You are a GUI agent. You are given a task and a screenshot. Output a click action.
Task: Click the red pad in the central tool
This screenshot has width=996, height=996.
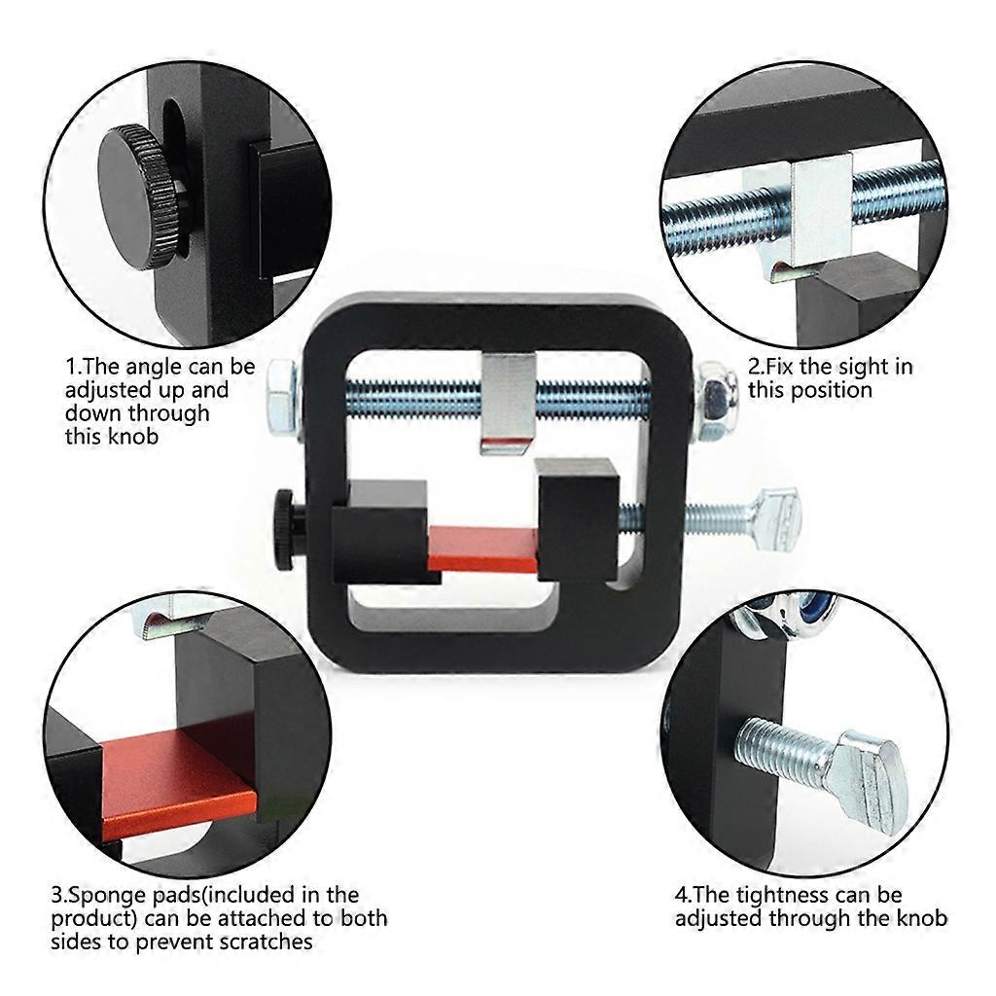point(483,549)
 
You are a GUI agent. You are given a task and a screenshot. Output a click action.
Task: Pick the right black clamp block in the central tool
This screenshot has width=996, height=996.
point(576,515)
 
